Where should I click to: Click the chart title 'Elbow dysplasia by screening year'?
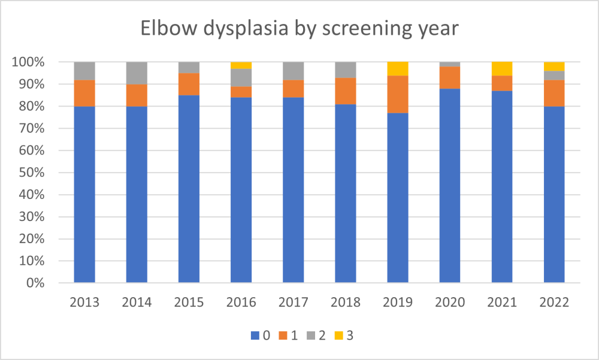tap(299, 29)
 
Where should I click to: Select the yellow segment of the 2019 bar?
tap(398, 69)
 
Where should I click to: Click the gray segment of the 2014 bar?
tap(137, 73)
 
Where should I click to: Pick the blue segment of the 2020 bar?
tap(450, 186)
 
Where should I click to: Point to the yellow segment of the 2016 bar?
tap(241, 65)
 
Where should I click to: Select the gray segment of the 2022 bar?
tap(554, 75)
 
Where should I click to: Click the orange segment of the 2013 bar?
tap(84, 93)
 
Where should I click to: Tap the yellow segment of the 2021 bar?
tap(502, 69)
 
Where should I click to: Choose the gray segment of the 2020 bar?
tap(450, 64)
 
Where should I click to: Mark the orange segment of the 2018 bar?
tap(346, 90)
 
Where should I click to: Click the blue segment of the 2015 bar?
tap(189, 189)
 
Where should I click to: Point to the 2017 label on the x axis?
tap(293, 302)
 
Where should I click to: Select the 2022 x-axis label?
tap(554, 302)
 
